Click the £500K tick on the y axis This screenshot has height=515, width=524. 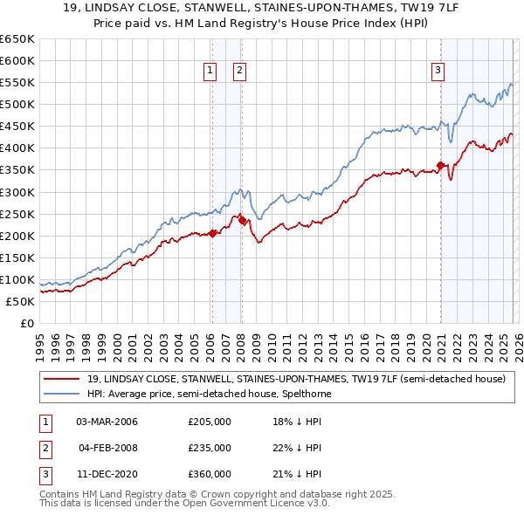pyautogui.click(x=17, y=105)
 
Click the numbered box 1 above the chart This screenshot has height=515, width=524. pyautogui.click(x=210, y=72)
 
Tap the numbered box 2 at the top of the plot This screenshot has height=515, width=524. pyautogui.click(x=239, y=72)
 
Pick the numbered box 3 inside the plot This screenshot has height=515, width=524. pyautogui.click(x=438, y=72)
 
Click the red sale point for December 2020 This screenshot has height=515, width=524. pyautogui.click(x=440, y=165)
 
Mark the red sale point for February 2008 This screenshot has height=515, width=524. pyautogui.click(x=242, y=220)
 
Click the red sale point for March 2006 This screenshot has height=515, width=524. pyautogui.click(x=212, y=233)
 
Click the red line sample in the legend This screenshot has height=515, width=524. pyautogui.click(x=62, y=380)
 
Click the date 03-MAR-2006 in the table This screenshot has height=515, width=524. pyautogui.click(x=107, y=422)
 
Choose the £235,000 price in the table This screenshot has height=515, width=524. pyautogui.click(x=210, y=448)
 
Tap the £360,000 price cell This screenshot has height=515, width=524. pyautogui.click(x=210, y=474)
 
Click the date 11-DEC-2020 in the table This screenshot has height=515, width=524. pyautogui.click(x=107, y=474)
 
